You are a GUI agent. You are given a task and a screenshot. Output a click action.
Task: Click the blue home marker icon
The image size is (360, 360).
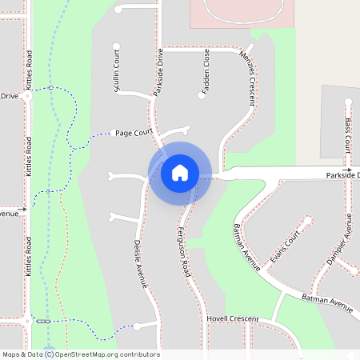click(x=180, y=173)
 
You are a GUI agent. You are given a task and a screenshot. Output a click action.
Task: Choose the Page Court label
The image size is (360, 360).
click(x=134, y=133)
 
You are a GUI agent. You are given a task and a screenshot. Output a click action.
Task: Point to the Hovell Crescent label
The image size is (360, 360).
click(x=234, y=319)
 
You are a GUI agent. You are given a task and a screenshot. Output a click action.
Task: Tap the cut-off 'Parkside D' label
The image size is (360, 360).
click(x=342, y=174)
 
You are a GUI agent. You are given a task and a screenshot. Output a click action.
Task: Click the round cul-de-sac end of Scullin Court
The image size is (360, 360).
click(x=117, y=46)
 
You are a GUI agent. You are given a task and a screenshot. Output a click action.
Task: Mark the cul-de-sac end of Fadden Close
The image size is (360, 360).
click(x=201, y=95)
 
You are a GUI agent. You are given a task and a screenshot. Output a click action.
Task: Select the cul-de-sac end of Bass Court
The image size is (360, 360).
click(x=348, y=102)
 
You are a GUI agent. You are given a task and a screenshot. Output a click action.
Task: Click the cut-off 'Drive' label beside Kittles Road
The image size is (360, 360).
click(x=9, y=96)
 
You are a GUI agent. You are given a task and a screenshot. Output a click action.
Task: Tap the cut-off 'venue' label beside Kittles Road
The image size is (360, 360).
click(x=9, y=214)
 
